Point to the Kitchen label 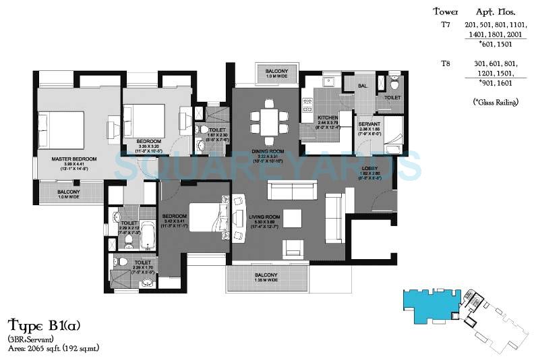(327, 117)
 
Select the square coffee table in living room (292, 219)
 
